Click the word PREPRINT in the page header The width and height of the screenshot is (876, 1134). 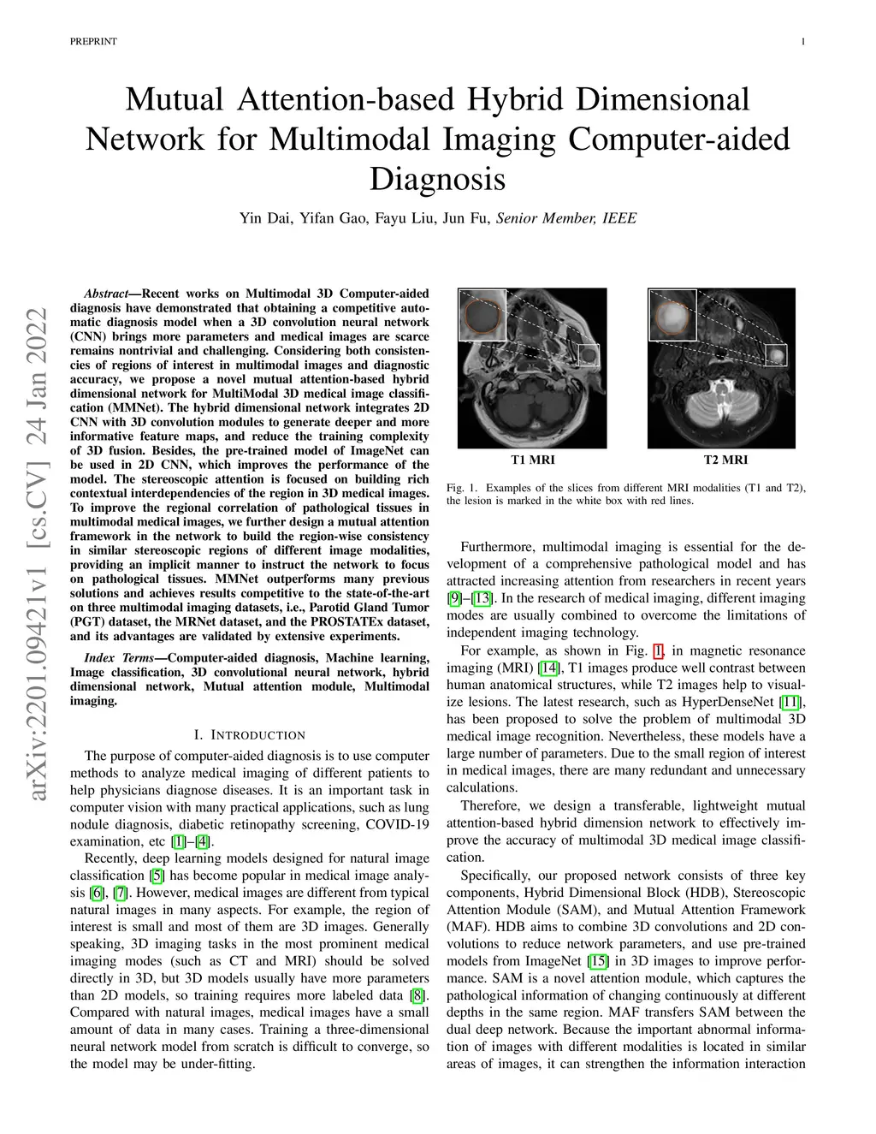pyautogui.click(x=93, y=41)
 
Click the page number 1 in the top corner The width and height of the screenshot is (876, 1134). pyautogui.click(x=803, y=41)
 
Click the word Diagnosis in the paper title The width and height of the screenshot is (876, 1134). pyautogui.click(x=437, y=179)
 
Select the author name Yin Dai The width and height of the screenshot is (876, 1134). pyautogui.click(x=263, y=218)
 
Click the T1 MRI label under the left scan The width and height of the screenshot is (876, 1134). pyautogui.click(x=532, y=460)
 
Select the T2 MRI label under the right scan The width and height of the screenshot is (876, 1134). pyautogui.click(x=725, y=460)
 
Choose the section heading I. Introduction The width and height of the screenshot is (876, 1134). pyautogui.click(x=249, y=734)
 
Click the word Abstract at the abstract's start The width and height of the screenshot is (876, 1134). pyautogui.click(x=106, y=294)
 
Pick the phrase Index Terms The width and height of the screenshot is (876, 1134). pyautogui.click(x=119, y=657)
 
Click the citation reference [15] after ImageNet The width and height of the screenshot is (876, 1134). pyautogui.click(x=599, y=961)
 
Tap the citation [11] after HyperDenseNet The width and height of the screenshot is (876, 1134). pyautogui.click(x=791, y=702)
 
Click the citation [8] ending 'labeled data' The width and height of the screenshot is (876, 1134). pyautogui.click(x=417, y=995)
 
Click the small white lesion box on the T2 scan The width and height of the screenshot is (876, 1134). pyautogui.click(x=776, y=353)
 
